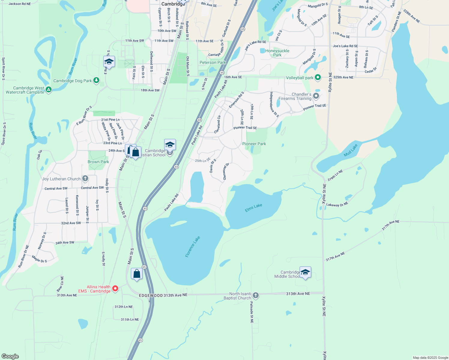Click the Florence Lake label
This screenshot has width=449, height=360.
(x=193, y=247)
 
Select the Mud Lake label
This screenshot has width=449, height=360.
(x=351, y=150)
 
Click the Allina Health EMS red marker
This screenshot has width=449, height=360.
(x=115, y=289)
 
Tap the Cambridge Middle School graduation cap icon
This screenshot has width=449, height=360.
(x=305, y=272)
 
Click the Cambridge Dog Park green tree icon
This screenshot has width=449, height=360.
(x=96, y=80)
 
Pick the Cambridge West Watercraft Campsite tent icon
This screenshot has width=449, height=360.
(x=49, y=89)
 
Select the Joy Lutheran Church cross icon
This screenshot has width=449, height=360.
(x=85, y=179)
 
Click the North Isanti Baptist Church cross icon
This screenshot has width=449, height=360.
(x=255, y=295)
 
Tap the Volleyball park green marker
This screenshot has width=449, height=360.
(x=318, y=78)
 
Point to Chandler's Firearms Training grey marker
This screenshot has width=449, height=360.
(x=316, y=96)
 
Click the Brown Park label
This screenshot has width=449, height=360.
(x=98, y=162)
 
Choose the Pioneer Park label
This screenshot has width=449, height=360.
(x=254, y=144)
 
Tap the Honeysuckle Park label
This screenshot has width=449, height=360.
(x=277, y=53)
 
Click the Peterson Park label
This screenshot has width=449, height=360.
(x=213, y=62)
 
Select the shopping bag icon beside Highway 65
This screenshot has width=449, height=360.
(x=137, y=274)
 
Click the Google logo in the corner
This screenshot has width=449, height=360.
(x=10, y=356)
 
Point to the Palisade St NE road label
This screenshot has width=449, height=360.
(x=252, y=312)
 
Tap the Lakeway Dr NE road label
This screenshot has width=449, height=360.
(x=337, y=205)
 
